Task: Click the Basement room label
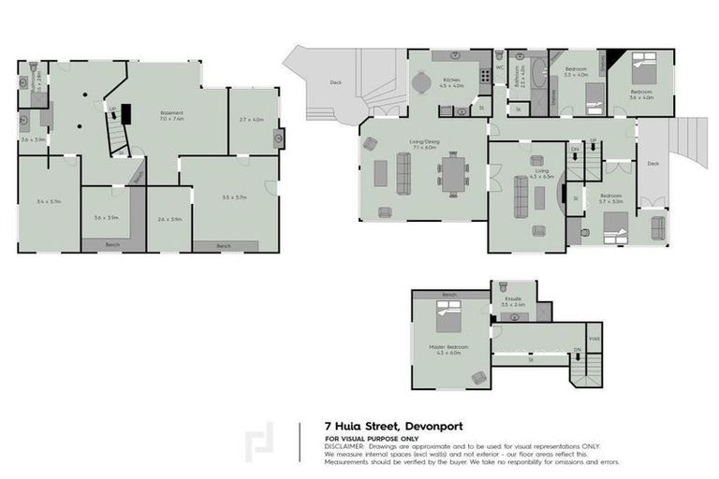(171, 114)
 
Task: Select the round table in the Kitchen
(420, 82)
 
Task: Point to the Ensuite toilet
(504, 288)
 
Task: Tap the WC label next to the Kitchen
(501, 67)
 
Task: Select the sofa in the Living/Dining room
(405, 172)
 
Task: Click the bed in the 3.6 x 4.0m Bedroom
(644, 68)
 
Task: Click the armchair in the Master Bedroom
(479, 377)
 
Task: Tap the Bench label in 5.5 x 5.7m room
(223, 245)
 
